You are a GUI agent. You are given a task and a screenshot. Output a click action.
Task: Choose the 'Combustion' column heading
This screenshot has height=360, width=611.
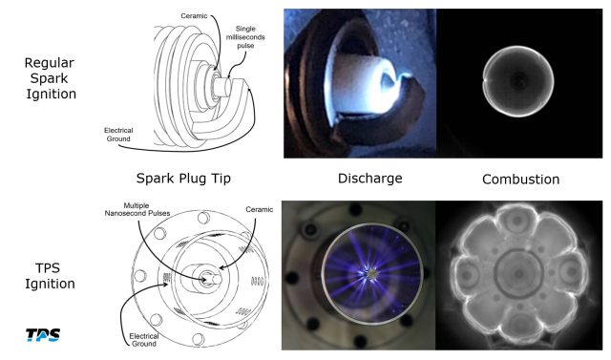(521, 179)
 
